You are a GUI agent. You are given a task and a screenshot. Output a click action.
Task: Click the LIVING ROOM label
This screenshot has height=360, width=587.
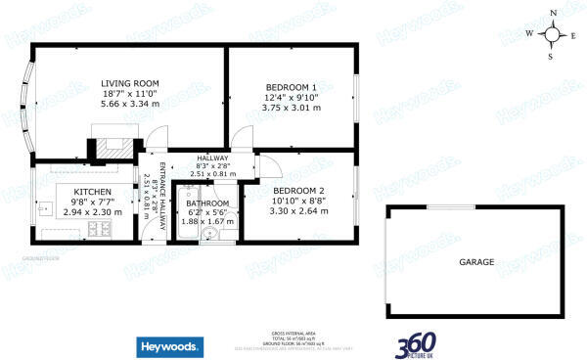130,83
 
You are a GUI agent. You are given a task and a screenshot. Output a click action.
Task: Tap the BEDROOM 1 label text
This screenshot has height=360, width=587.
288,85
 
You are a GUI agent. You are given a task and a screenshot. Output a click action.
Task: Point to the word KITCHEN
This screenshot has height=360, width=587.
92,192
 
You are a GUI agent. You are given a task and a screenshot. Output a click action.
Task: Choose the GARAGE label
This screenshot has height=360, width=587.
476,262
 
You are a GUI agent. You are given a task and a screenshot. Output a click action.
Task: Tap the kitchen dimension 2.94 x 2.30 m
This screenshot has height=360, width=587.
92,212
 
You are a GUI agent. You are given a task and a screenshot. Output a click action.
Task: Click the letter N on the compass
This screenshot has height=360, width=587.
553,13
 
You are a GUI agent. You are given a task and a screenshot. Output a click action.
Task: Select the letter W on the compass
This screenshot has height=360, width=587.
530,33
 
